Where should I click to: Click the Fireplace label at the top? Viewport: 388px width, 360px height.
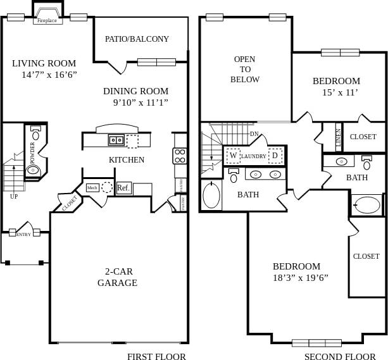(x=47, y=20)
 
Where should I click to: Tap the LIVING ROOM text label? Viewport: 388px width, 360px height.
(x=44, y=63)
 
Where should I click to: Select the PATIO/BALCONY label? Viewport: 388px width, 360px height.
(x=137, y=39)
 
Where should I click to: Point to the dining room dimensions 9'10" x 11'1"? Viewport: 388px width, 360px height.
(x=141, y=102)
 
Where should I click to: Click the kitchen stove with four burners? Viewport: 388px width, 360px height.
(x=180, y=156)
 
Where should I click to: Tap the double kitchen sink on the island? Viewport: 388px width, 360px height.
(x=116, y=140)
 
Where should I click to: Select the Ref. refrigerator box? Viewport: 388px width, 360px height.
(x=123, y=188)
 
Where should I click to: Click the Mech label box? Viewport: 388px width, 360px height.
(x=92, y=188)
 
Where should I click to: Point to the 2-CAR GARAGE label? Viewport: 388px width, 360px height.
(x=117, y=277)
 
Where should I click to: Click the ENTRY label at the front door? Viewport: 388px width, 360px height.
(x=23, y=235)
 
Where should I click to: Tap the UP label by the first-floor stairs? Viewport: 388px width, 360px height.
(x=14, y=196)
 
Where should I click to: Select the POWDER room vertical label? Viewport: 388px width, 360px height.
(x=32, y=152)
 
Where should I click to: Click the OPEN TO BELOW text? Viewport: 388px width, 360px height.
(x=245, y=69)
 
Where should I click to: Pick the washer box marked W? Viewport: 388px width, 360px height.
(x=233, y=155)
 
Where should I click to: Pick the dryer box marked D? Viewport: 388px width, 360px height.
(x=275, y=155)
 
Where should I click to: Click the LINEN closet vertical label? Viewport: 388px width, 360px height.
(x=339, y=137)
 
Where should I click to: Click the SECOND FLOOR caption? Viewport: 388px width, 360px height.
(x=340, y=356)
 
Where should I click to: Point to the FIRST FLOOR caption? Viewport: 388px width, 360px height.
(x=156, y=356)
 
